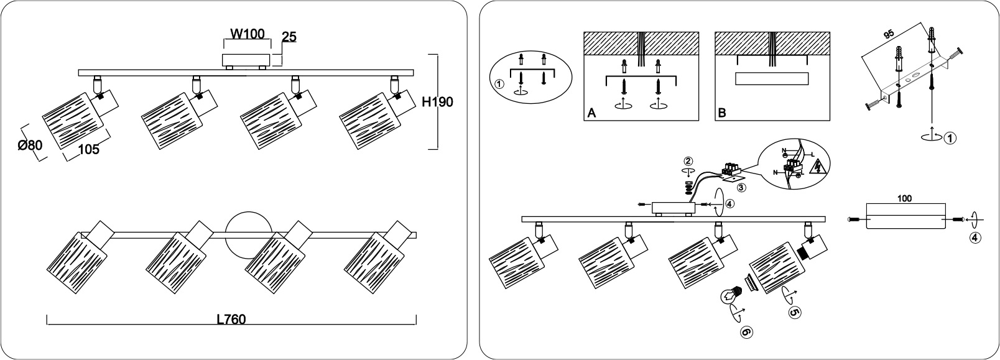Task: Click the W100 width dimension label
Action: coord(248,34)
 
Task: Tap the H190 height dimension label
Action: coord(438,102)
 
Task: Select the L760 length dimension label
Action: coord(231,320)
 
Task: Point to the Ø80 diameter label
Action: coord(30,145)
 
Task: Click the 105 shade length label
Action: coord(89,149)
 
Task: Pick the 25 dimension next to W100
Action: coord(289,37)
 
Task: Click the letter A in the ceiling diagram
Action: coord(591,113)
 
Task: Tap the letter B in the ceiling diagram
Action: coord(722,113)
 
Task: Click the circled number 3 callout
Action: coord(741,187)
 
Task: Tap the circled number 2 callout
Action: coord(689,160)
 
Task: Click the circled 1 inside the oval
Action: coord(499,83)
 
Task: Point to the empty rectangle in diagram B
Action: coord(772,78)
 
